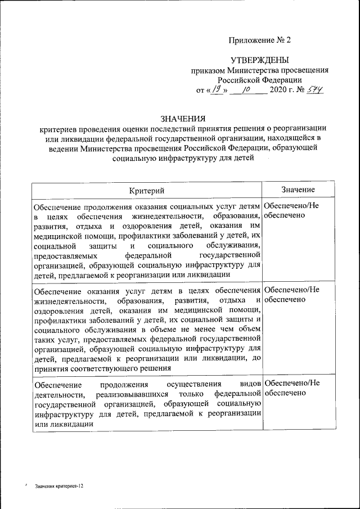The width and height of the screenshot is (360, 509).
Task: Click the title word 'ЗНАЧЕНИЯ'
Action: (183, 119)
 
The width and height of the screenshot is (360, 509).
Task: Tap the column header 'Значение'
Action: (298, 190)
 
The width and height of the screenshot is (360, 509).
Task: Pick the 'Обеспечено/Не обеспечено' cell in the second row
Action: (291, 294)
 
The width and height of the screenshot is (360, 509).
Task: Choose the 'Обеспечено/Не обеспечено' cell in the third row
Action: (291, 388)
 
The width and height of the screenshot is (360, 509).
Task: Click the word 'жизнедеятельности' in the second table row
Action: (66, 300)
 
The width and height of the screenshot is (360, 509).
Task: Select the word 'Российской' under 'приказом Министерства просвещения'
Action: (239, 80)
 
